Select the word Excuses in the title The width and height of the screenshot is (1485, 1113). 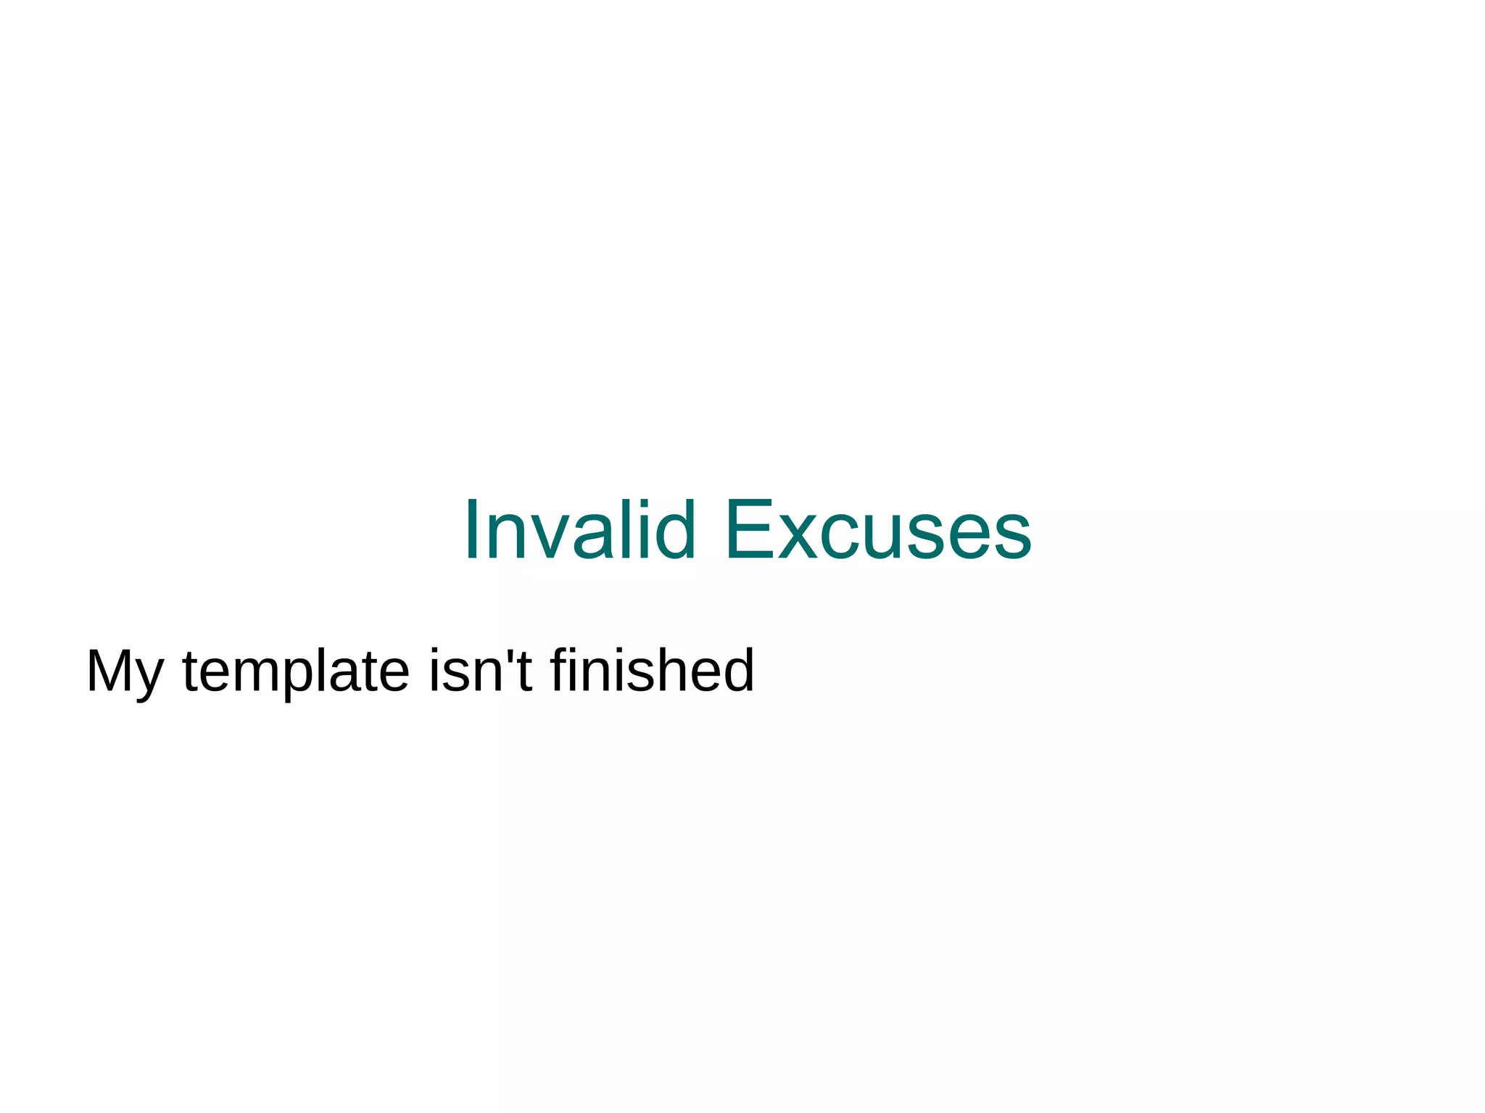pos(877,530)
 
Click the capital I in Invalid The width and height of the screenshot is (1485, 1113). pos(471,530)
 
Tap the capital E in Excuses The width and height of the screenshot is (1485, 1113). pos(747,530)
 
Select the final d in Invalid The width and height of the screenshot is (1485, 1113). pos(674,530)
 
